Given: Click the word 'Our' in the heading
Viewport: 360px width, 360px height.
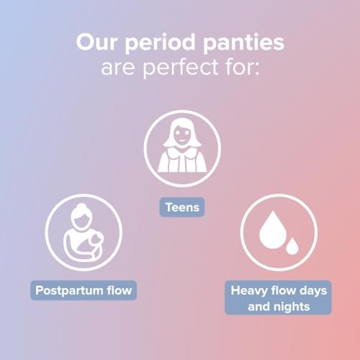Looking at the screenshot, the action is point(96,42).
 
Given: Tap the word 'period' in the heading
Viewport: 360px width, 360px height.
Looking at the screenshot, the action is point(160,43).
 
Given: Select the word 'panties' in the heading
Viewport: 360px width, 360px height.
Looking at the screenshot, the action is point(243,42).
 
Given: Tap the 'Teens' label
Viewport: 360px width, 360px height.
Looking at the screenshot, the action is point(182,207).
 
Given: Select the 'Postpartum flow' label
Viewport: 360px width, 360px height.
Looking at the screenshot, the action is point(84,290).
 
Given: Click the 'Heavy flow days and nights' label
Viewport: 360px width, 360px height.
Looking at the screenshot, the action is point(278,297).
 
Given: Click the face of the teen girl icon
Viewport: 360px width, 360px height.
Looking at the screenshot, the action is point(182,135).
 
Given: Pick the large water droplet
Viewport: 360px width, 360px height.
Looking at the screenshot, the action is point(273,230).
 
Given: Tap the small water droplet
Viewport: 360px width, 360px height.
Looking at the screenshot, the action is point(292,246).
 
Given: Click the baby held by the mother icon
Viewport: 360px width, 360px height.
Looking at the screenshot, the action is point(95,243).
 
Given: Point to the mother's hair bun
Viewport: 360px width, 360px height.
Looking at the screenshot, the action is point(81,207).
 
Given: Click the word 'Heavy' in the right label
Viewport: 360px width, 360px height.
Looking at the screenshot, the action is point(249,291).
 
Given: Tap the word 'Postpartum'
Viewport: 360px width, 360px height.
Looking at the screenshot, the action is point(69,291).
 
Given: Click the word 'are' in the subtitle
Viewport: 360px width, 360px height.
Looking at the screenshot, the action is point(118,68).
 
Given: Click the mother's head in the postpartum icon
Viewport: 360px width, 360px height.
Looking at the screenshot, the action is point(81,217).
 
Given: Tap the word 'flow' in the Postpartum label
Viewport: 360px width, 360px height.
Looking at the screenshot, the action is point(120,290).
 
